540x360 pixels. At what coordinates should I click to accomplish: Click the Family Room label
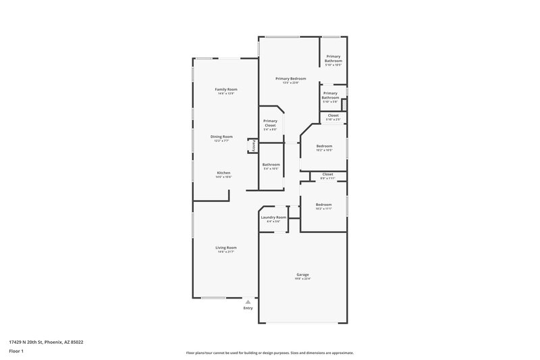(x=226, y=89)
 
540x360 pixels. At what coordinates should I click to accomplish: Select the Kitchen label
(x=223, y=173)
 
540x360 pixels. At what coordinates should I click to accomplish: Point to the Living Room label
(x=226, y=247)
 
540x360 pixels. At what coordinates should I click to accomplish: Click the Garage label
(x=302, y=274)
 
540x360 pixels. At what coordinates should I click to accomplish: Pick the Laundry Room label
(x=273, y=217)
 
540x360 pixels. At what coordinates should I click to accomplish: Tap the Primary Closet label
(x=270, y=123)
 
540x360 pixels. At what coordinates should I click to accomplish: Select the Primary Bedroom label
(x=290, y=78)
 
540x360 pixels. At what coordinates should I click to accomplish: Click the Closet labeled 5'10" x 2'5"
(x=333, y=115)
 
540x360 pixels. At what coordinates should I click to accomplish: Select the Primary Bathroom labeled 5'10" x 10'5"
(x=333, y=61)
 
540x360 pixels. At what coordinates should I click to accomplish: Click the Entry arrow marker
(x=248, y=302)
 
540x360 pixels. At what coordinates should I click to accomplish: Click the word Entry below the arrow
(x=248, y=308)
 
